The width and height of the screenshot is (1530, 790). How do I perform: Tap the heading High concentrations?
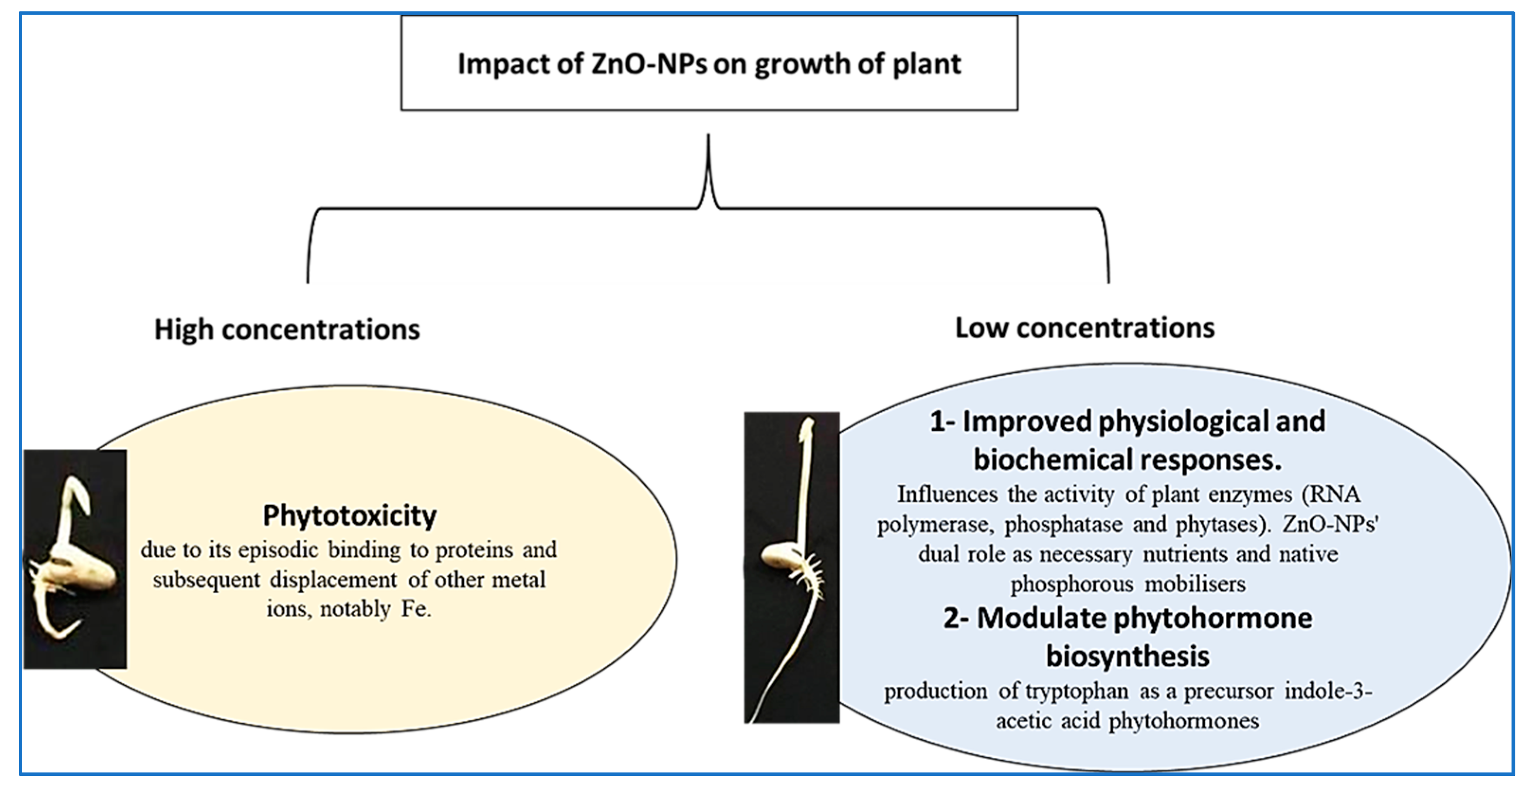pos(287,329)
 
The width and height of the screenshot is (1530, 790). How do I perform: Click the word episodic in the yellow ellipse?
pos(278,550)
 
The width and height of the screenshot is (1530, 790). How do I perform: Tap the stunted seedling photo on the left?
pos(75,559)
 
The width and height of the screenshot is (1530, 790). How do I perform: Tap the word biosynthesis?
pos(1127,656)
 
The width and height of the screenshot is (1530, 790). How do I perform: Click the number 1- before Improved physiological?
pos(942,421)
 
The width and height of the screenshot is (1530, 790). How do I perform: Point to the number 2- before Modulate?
pos(955,618)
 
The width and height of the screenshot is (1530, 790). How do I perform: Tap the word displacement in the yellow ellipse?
pos(333,580)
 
